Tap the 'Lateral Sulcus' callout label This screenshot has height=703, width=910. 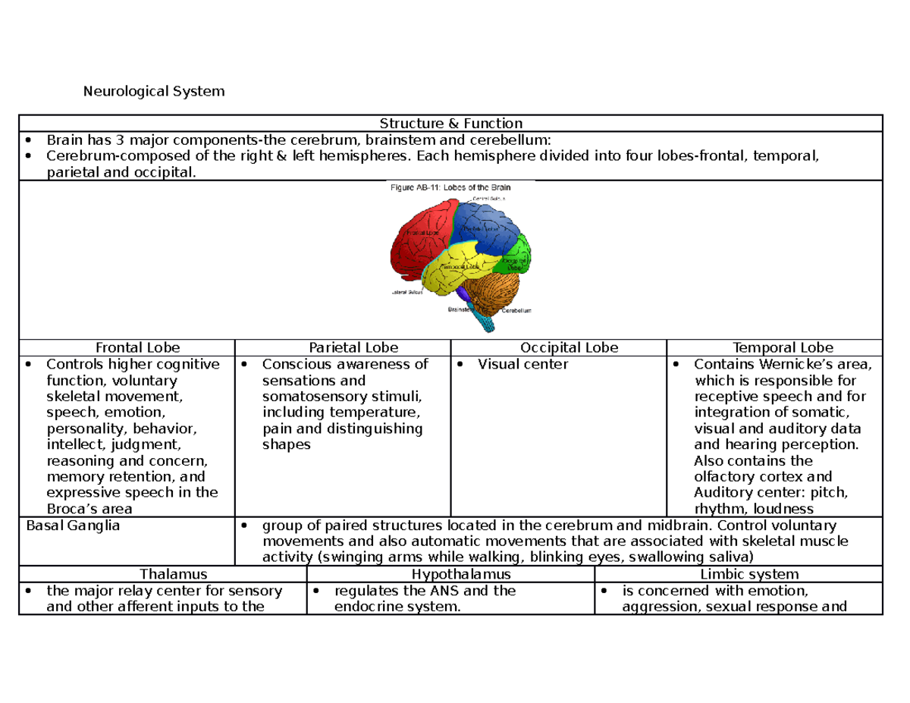coord(407,291)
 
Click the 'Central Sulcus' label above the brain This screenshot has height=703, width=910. coord(489,197)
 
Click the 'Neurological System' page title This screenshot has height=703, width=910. coord(155,92)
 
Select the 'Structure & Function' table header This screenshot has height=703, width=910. coord(451,123)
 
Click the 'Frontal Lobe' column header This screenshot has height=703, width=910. coord(127,348)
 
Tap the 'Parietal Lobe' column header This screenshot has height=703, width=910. coord(343,348)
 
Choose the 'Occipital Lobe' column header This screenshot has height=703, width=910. coord(558,348)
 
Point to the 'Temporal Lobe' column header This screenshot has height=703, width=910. coord(774,348)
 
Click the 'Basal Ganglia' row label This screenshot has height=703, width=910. coord(73,526)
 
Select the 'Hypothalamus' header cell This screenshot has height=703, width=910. coord(450,575)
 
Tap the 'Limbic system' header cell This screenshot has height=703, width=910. coord(739,575)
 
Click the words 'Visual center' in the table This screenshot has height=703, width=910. coord(523,365)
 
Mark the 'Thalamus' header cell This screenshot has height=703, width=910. coord(162,575)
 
